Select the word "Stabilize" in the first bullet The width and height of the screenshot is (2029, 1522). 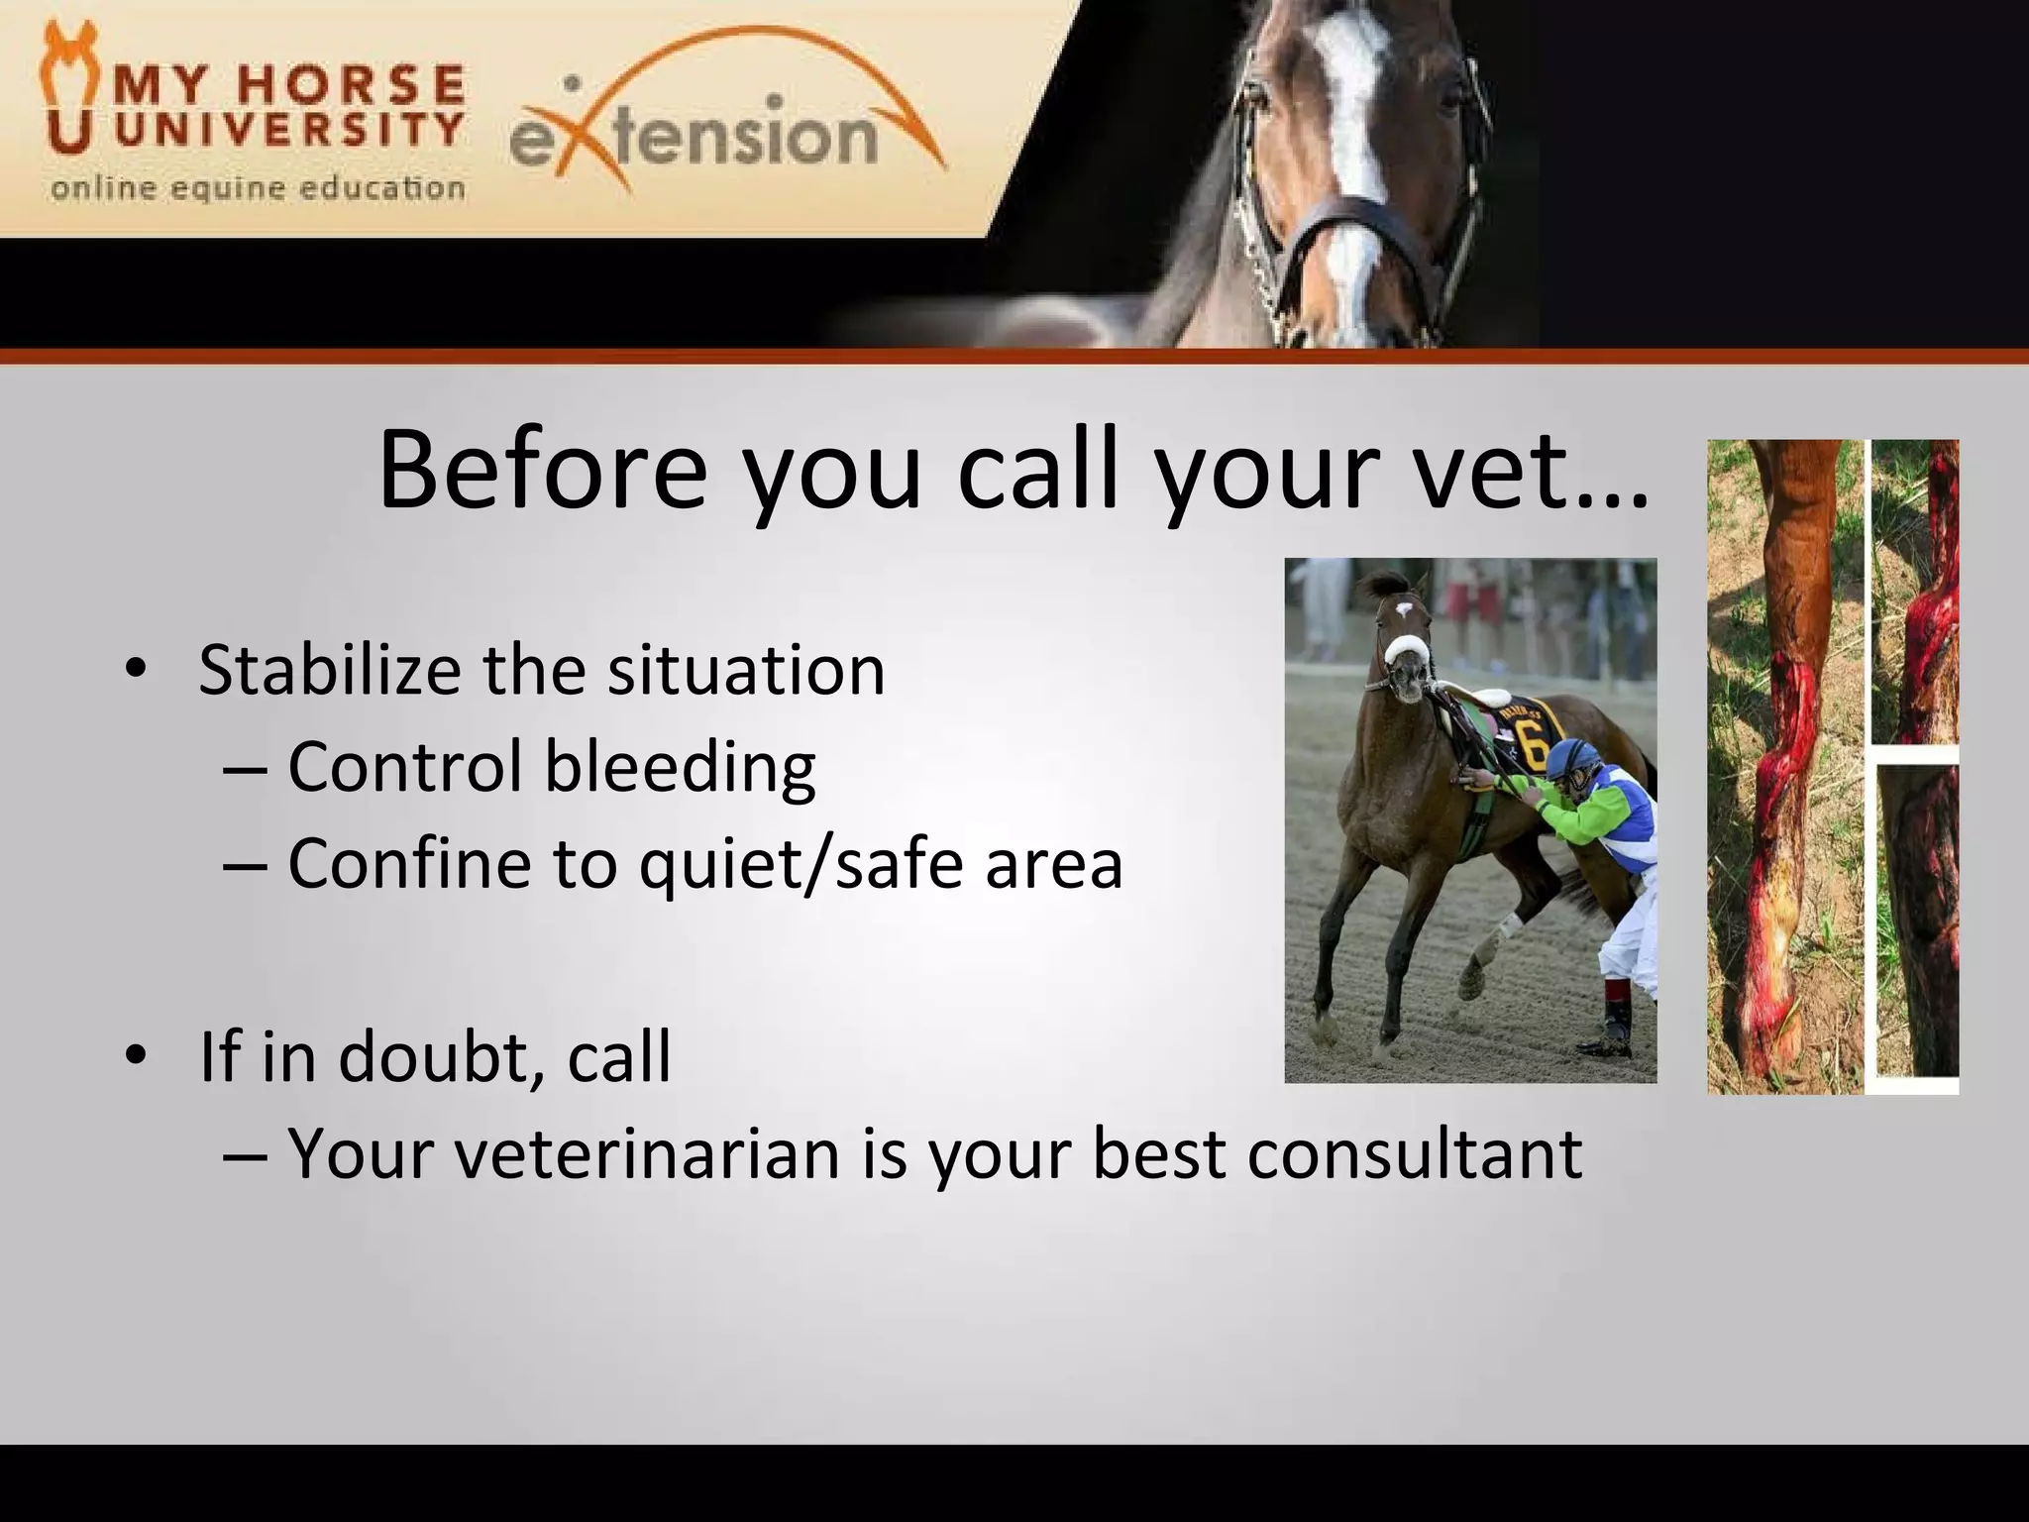coord(329,671)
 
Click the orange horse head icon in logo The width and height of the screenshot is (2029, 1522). coord(67,89)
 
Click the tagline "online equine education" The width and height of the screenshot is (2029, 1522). coord(258,188)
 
